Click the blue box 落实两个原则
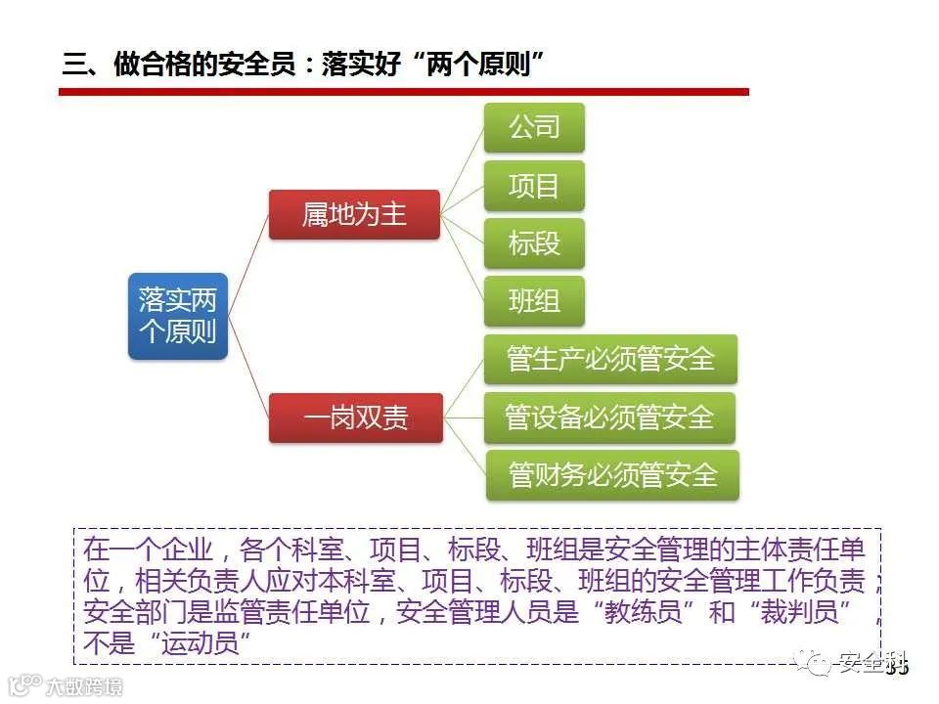177,315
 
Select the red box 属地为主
354,214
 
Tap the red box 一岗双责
355,418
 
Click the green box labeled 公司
534,127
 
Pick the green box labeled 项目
534,185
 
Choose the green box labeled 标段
534,242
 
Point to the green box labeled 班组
534,301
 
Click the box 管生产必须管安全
610,359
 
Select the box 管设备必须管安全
609,418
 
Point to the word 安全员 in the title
262,66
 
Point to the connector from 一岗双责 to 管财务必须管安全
465,447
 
